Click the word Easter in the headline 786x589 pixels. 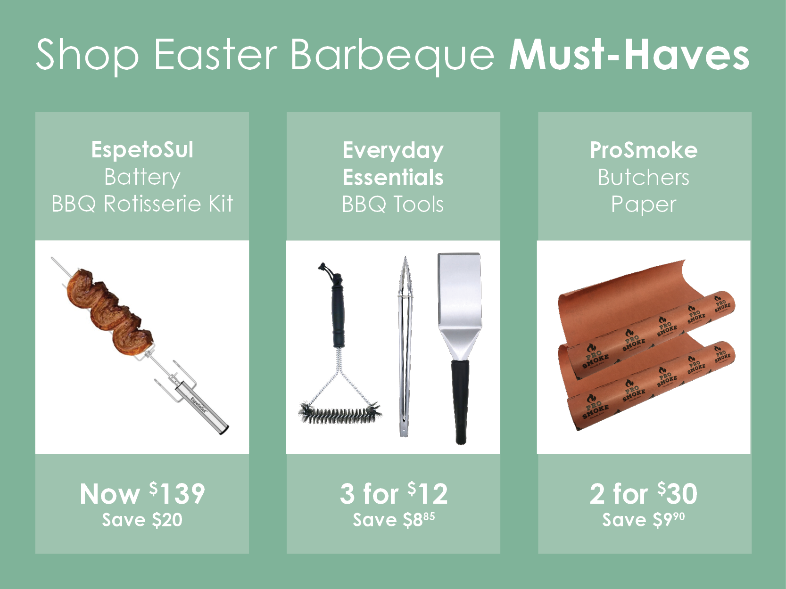(215, 55)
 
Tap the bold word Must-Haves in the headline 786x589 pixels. (629, 55)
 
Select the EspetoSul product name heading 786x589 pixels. (142, 149)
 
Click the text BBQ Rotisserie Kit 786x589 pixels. (142, 204)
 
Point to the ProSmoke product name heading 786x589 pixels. (644, 150)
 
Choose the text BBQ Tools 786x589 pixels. (393, 205)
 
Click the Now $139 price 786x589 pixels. (142, 494)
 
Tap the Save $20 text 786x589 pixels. (142, 520)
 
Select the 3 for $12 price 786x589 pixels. (394, 494)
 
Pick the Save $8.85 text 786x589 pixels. (394, 520)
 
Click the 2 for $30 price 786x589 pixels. (644, 494)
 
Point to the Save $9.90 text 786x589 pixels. (644, 520)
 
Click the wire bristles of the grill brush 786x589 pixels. (339, 413)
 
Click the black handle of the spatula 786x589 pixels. (460, 401)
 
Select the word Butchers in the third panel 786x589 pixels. (644, 177)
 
